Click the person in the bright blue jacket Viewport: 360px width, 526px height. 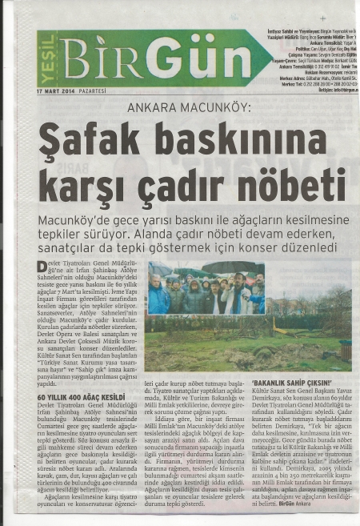pos(159,299)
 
